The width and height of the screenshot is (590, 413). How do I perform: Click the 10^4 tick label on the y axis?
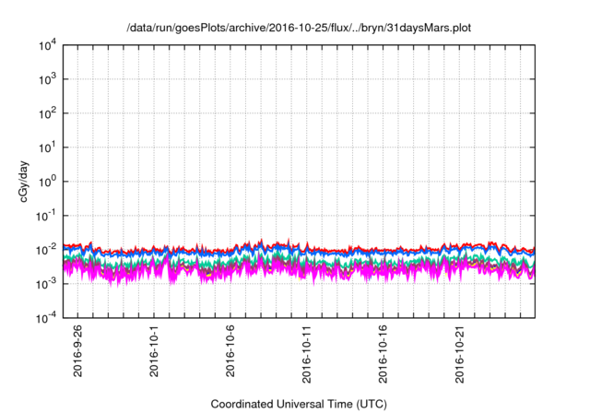48,44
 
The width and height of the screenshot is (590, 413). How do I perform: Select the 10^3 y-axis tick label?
48,78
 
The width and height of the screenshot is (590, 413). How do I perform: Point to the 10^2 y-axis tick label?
48,112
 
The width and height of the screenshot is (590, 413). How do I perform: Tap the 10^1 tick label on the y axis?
48,147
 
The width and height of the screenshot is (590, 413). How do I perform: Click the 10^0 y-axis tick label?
48,181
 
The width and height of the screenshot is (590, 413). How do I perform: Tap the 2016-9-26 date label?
77,355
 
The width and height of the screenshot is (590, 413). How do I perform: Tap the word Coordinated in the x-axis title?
244,404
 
